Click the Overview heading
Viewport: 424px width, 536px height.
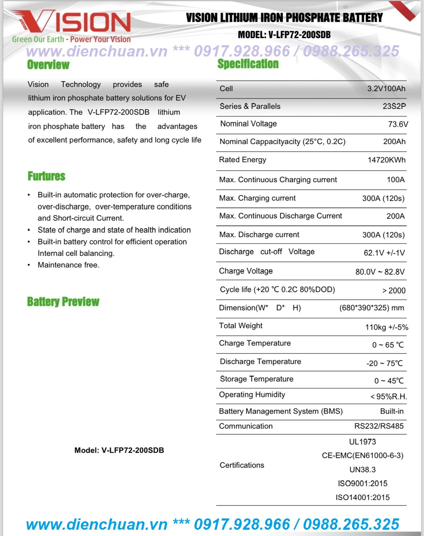[x=48, y=65]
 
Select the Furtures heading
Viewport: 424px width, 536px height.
[x=47, y=176]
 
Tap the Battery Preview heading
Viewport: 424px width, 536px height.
[x=63, y=301]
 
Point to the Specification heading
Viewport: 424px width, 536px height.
[x=248, y=64]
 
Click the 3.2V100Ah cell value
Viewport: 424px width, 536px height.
[x=386, y=89]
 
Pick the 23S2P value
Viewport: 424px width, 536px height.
[x=394, y=106]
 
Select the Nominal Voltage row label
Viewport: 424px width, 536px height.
[x=249, y=124]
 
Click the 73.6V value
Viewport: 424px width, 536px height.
[x=398, y=124]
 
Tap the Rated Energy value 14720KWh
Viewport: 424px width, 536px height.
[x=386, y=160]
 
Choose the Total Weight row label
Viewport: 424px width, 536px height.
[x=241, y=326]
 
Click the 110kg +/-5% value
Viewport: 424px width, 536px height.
[x=386, y=327]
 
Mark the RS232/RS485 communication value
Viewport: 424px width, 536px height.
[x=379, y=426]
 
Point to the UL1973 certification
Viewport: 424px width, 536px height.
[x=362, y=442]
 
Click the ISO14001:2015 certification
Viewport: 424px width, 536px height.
[x=362, y=497]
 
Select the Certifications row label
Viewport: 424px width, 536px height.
[x=242, y=465]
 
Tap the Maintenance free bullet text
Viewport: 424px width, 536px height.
[x=69, y=265]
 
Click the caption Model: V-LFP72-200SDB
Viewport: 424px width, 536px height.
[x=119, y=451]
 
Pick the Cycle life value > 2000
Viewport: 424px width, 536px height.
[x=394, y=291]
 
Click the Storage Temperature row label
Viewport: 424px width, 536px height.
[x=257, y=379]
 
